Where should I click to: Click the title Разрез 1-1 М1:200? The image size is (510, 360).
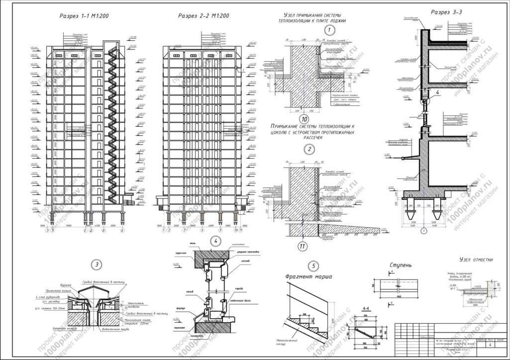(x=84, y=16)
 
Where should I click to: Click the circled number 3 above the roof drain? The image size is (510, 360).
(x=98, y=264)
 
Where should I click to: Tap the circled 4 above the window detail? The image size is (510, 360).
(x=215, y=241)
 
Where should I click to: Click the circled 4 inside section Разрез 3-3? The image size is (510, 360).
(x=436, y=92)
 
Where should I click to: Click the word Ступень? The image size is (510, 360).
(x=400, y=266)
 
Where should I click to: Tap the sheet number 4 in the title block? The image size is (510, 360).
(x=491, y=345)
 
